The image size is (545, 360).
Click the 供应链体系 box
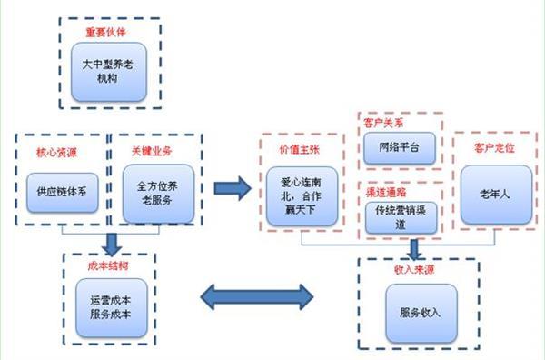coord(60,192)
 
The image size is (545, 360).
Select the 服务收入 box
coord(419,312)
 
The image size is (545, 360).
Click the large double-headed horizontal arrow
coord(254,295)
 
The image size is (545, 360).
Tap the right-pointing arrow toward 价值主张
coord(232,189)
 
